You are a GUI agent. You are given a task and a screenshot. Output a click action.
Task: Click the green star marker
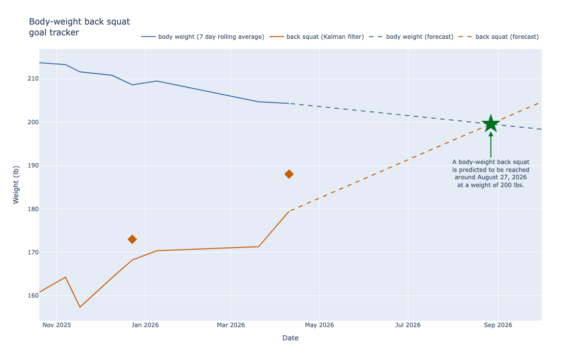pyautogui.click(x=491, y=123)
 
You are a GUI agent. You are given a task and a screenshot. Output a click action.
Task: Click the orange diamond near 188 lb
pyautogui.click(x=289, y=174)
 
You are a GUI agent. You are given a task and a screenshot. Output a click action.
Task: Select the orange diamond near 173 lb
pyautogui.click(x=132, y=239)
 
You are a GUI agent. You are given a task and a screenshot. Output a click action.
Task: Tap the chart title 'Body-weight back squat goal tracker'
pyautogui.click(x=79, y=27)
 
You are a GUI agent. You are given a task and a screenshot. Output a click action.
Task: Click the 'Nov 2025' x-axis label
pyautogui.click(x=57, y=325)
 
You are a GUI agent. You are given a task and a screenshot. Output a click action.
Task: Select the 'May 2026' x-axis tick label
pyautogui.click(x=320, y=325)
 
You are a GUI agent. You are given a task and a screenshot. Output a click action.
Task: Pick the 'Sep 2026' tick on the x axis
pyautogui.click(x=498, y=325)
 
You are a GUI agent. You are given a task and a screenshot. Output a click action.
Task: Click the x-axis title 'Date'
pyautogui.click(x=290, y=338)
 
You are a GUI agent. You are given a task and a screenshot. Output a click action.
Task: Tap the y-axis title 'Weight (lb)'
pyautogui.click(x=16, y=185)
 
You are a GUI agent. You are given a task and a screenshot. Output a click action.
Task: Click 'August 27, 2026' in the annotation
pyautogui.click(x=501, y=177)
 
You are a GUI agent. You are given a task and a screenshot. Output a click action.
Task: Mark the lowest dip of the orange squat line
pyautogui.click(x=80, y=307)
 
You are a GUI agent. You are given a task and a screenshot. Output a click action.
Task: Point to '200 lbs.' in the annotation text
pyautogui.click(x=511, y=185)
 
